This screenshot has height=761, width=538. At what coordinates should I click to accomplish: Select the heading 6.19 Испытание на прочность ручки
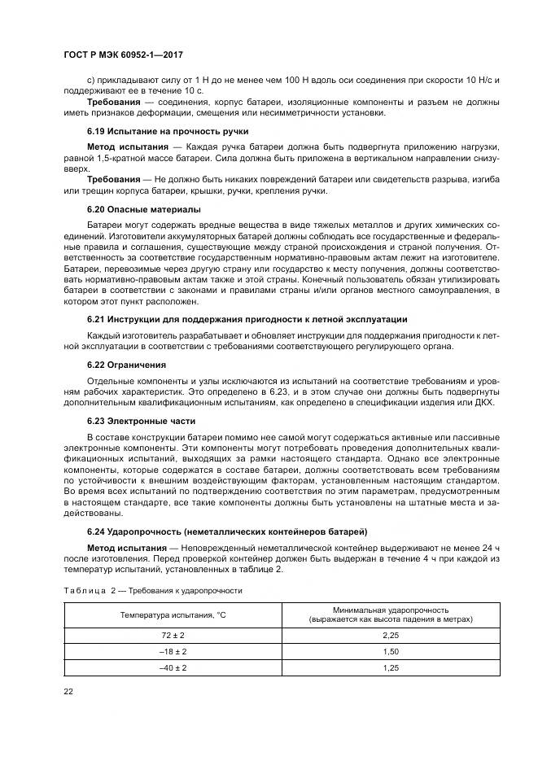(168, 131)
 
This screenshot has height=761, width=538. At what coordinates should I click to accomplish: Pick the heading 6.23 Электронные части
(142, 422)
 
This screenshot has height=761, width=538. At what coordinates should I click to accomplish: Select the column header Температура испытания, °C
(173, 614)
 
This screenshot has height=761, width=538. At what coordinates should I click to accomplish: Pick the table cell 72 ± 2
(173, 635)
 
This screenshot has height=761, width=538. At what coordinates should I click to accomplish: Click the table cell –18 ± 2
(173, 651)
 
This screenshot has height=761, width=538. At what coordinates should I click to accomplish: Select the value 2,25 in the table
(391, 635)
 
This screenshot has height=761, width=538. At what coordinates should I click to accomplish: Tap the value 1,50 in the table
(391, 651)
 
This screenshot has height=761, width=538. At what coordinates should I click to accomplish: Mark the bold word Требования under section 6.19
(113, 178)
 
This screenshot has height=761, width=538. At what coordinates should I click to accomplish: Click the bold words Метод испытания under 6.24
(120, 548)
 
